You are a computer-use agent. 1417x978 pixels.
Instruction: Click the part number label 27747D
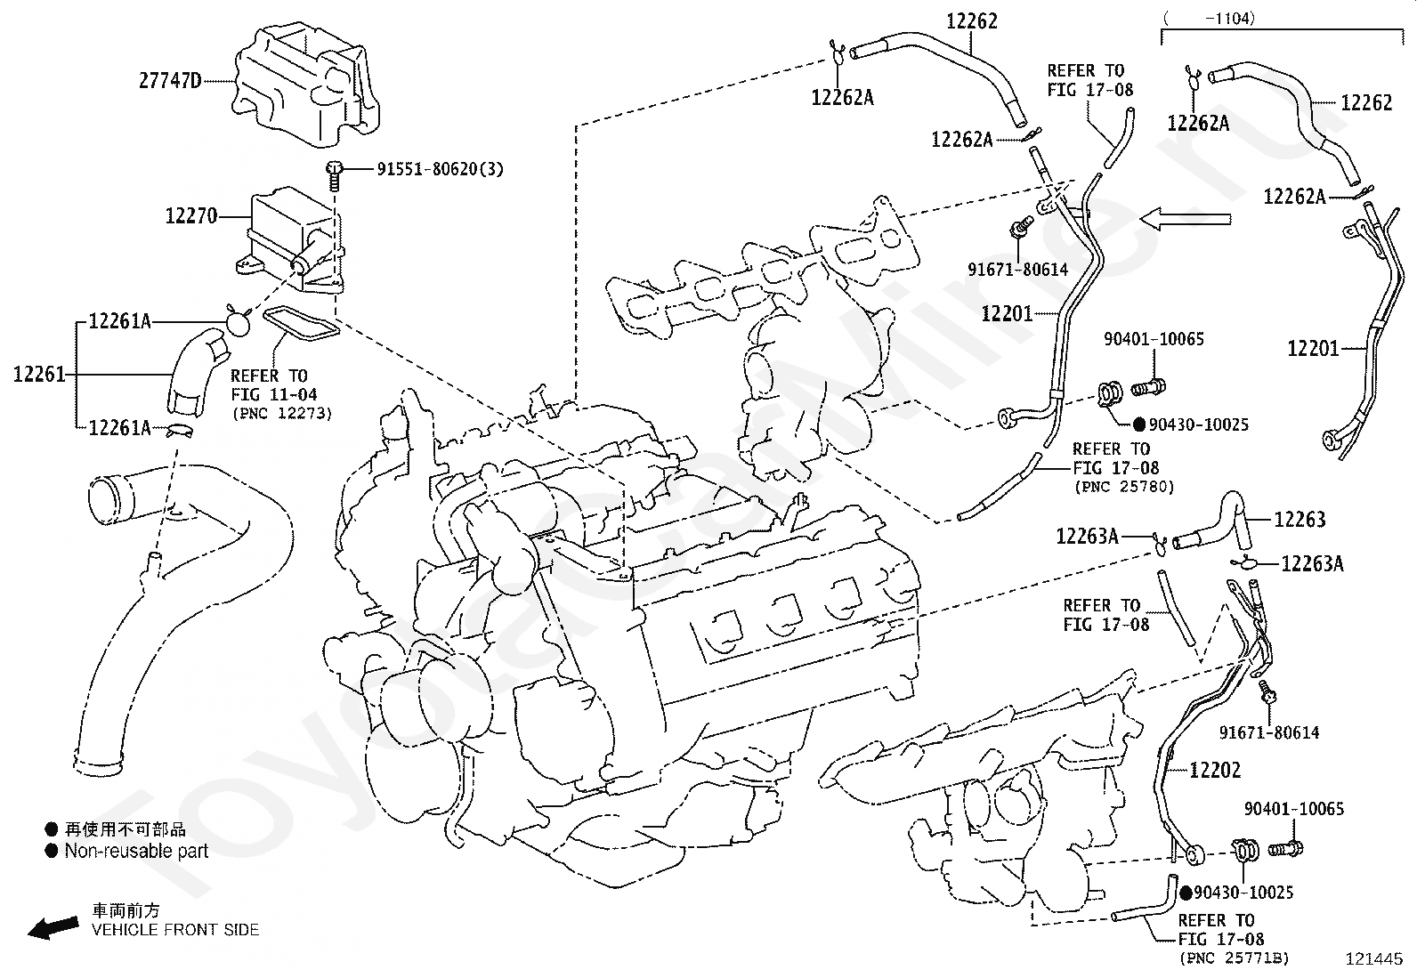[170, 81]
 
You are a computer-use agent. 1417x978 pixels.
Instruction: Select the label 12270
[191, 216]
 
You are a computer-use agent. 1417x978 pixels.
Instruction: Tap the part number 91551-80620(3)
[441, 170]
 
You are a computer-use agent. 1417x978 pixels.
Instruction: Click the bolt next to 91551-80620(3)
[334, 174]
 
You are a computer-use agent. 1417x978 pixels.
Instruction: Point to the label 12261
[39, 375]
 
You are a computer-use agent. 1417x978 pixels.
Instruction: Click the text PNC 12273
[282, 414]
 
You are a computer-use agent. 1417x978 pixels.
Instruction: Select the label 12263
[1300, 520]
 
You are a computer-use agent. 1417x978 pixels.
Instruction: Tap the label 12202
[1215, 770]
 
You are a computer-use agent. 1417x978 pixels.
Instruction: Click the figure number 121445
[1374, 959]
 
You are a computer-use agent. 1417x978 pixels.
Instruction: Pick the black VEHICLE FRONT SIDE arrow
[53, 927]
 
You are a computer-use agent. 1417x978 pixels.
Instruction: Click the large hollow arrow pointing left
[1186, 219]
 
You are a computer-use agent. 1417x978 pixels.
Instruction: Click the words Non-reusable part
[137, 851]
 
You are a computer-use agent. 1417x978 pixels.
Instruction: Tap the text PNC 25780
[1123, 487]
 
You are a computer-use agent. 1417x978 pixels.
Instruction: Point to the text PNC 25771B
[1235, 958]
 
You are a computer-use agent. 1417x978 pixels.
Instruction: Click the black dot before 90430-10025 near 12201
[1139, 424]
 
